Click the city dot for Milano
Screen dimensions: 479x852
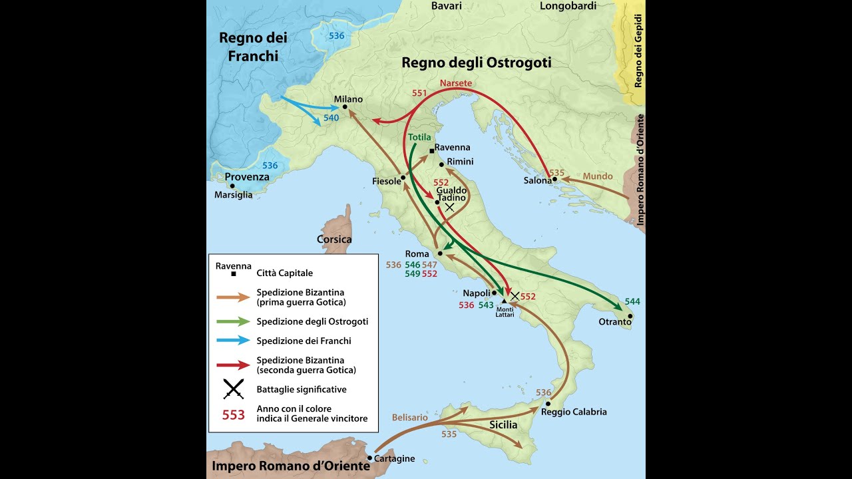(345, 106)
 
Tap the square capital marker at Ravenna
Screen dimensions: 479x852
(432, 151)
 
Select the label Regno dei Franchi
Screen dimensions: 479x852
(253, 47)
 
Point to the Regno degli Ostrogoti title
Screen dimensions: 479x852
(476, 63)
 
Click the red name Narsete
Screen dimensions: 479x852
(455, 83)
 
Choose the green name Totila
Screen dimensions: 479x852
(419, 137)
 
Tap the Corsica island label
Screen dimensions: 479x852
(334, 239)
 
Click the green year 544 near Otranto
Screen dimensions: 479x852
(632, 301)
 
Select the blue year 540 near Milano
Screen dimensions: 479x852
(331, 118)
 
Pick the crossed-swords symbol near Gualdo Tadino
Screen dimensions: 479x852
(449, 208)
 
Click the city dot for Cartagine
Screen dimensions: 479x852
(369, 458)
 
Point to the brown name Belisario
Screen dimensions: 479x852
(409, 417)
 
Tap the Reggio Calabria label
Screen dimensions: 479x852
(574, 412)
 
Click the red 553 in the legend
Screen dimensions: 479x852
(233, 414)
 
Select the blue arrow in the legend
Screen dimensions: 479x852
(232, 341)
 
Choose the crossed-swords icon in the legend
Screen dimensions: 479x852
(233, 389)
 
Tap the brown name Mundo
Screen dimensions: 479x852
(597, 176)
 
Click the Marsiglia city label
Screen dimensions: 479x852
(233, 195)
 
